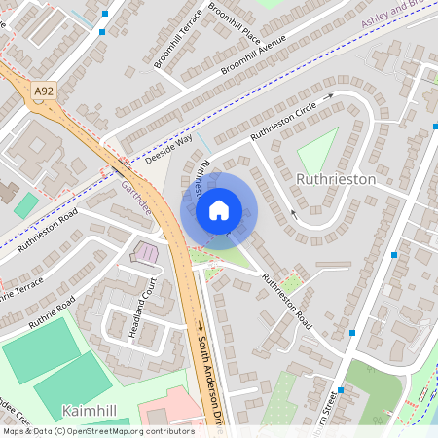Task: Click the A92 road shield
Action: tap(42, 91)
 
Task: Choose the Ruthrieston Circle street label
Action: tap(284, 121)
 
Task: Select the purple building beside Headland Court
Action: tap(146, 253)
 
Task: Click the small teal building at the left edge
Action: tap(26, 205)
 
